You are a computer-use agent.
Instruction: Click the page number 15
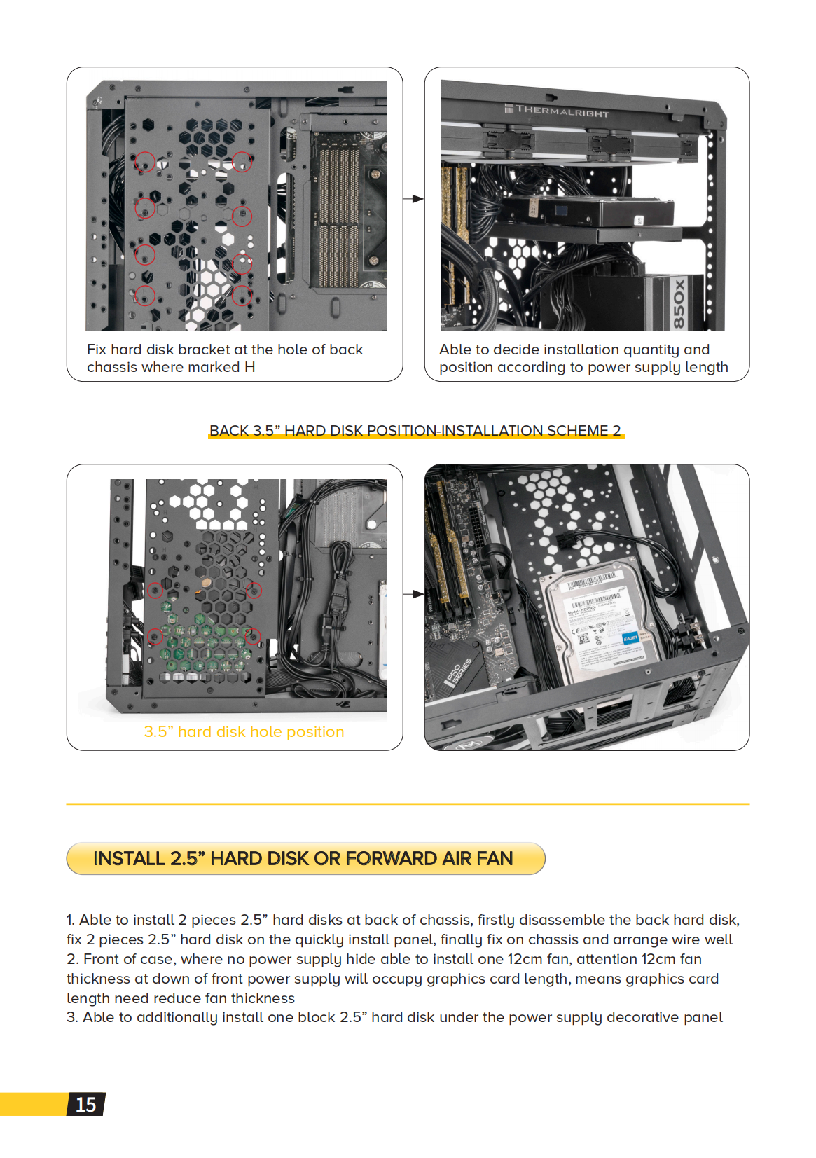pyautogui.click(x=85, y=1105)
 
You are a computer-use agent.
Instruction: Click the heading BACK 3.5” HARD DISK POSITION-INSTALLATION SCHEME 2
pyautogui.click(x=415, y=430)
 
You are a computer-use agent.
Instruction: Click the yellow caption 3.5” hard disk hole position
pyautogui.click(x=244, y=731)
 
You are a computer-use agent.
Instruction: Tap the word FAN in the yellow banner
pyautogui.click(x=495, y=858)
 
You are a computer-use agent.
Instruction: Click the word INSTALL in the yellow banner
pyautogui.click(x=129, y=858)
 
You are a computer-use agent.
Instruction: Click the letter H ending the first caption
pyautogui.click(x=249, y=367)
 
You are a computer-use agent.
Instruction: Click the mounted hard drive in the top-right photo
pyautogui.click(x=588, y=210)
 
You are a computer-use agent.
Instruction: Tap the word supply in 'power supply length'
pyautogui.click(x=656, y=367)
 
